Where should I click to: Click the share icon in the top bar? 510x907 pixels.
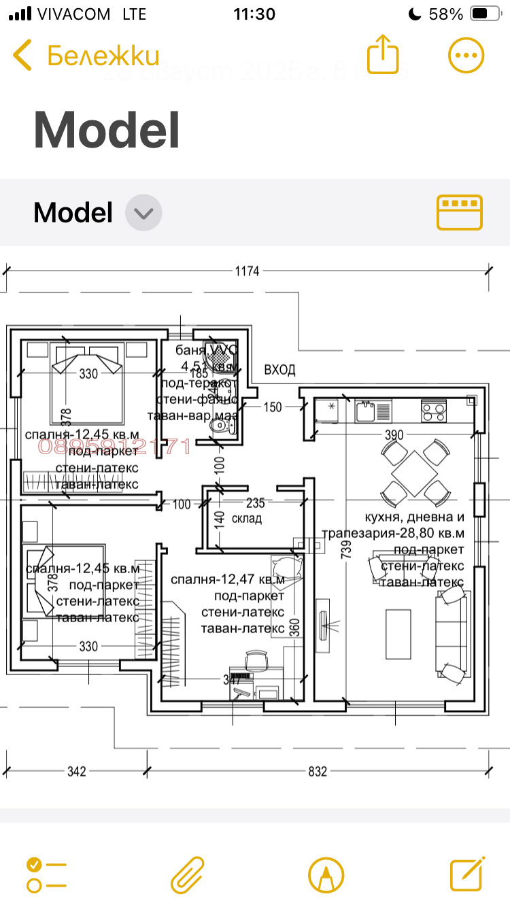point(382,54)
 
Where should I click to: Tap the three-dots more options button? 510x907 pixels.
point(466,55)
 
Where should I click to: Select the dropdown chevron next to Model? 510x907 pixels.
point(143,213)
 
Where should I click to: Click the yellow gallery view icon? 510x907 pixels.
point(459,212)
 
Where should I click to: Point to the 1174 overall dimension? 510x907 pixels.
point(248,271)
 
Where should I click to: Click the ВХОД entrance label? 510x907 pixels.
point(279,370)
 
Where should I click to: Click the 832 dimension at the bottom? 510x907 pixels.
point(318,772)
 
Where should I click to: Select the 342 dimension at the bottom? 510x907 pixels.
point(77,772)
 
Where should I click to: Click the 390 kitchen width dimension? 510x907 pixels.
point(394,435)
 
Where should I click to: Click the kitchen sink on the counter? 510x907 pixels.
point(367,409)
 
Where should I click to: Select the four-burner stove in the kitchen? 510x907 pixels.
point(434,410)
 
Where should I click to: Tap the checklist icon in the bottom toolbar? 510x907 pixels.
point(46,874)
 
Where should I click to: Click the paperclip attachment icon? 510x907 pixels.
point(187,874)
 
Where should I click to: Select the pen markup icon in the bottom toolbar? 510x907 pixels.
point(326,874)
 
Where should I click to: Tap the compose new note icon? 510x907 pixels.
point(467,874)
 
